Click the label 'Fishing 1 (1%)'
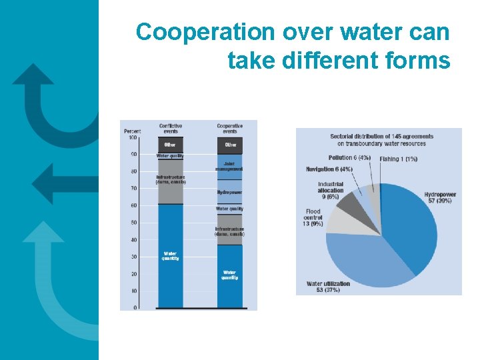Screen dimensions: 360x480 399,159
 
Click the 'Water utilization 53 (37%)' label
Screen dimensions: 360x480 328,287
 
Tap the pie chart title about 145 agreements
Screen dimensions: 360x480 381,140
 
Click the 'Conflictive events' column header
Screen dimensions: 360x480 170,129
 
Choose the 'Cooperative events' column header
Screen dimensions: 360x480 230,129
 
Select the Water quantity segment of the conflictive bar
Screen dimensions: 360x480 170,257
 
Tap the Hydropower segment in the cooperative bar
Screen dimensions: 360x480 230,193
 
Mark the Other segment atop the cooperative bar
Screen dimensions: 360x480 230,145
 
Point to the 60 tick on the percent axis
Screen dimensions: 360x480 134,205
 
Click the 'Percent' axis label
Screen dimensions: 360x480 132,131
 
